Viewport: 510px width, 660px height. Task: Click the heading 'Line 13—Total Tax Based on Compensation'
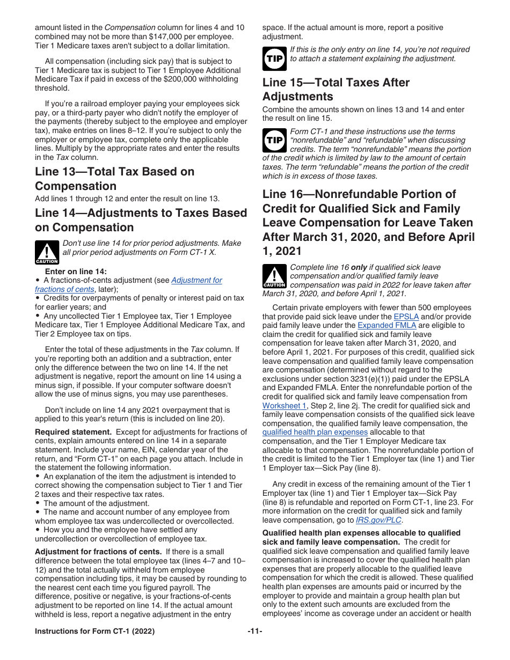(x=114, y=179)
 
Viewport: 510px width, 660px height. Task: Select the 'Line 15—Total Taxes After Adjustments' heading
(x=336, y=90)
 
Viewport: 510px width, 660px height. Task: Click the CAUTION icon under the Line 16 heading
(x=274, y=276)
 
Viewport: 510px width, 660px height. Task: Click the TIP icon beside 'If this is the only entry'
(x=274, y=58)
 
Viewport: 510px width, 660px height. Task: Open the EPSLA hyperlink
(x=405, y=317)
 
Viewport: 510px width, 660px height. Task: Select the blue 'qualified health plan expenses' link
(x=315, y=432)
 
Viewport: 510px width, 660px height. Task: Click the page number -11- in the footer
(x=255, y=632)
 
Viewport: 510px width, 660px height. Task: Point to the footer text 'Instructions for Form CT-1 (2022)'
(x=94, y=632)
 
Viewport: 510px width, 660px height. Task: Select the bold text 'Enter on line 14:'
(x=76, y=272)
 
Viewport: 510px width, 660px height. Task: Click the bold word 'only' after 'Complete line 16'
(x=359, y=267)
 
